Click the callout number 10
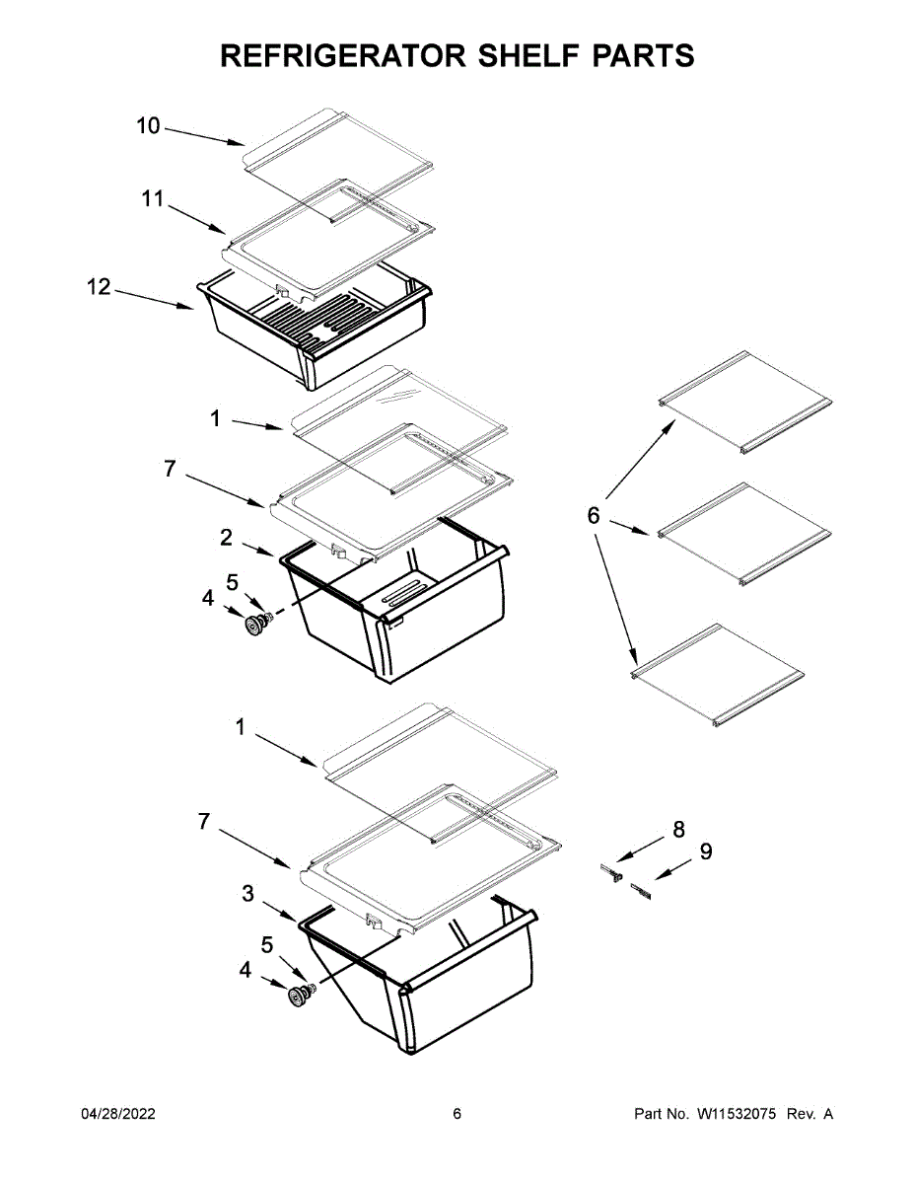pos(148,126)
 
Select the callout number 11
pos(152,199)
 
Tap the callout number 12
pos(99,288)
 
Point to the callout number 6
pos(593,515)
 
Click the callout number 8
pos(678,830)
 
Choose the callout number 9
pos(706,851)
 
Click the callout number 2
pos(226,538)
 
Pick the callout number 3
pos(248,893)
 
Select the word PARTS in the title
pos(642,56)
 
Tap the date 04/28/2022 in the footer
pos(117,1114)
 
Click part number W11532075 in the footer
pos(738,1114)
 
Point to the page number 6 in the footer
pos(457,1114)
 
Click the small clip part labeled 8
pos(612,871)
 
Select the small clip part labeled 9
pos(643,890)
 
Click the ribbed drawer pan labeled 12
pos(316,331)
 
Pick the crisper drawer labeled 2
pos(414,612)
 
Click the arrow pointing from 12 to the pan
pos(153,298)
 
